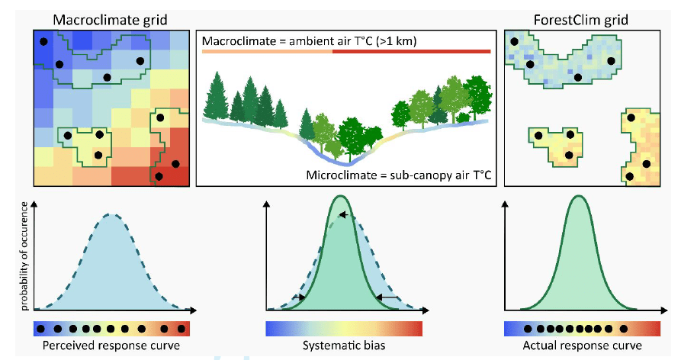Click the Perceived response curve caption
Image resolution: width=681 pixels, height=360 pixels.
[x=111, y=346]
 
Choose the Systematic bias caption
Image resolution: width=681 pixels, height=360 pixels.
[x=344, y=346]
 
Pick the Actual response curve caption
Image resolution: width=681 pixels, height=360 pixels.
[x=577, y=346]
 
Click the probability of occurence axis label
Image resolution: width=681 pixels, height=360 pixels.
[x=26, y=256]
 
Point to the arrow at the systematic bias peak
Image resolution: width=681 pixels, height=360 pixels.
[x=345, y=216]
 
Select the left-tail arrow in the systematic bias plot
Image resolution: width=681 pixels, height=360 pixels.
[x=301, y=297]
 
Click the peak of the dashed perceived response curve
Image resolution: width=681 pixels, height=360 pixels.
[x=111, y=214]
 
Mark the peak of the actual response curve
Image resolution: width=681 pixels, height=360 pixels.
[x=577, y=196]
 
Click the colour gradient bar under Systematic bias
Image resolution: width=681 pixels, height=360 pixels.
[x=344, y=329]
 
